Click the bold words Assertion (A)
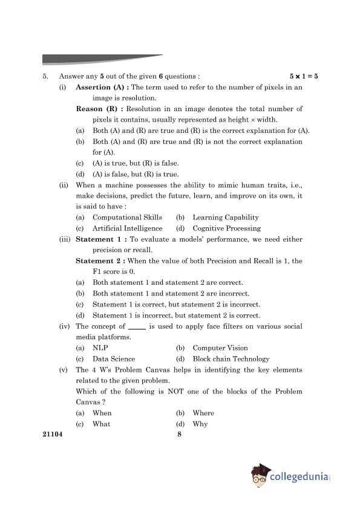click(x=101, y=88)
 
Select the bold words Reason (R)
click(x=98, y=109)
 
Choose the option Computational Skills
click(x=127, y=218)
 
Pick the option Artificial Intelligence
click(x=127, y=229)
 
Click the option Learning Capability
click(x=225, y=218)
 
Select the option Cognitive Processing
click(x=226, y=229)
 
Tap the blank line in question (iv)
click(x=137, y=328)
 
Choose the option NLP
click(x=100, y=348)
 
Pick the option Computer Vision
click(x=220, y=348)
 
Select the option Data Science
click(x=114, y=359)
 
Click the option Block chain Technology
click(x=231, y=359)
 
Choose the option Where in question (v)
click(x=203, y=413)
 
